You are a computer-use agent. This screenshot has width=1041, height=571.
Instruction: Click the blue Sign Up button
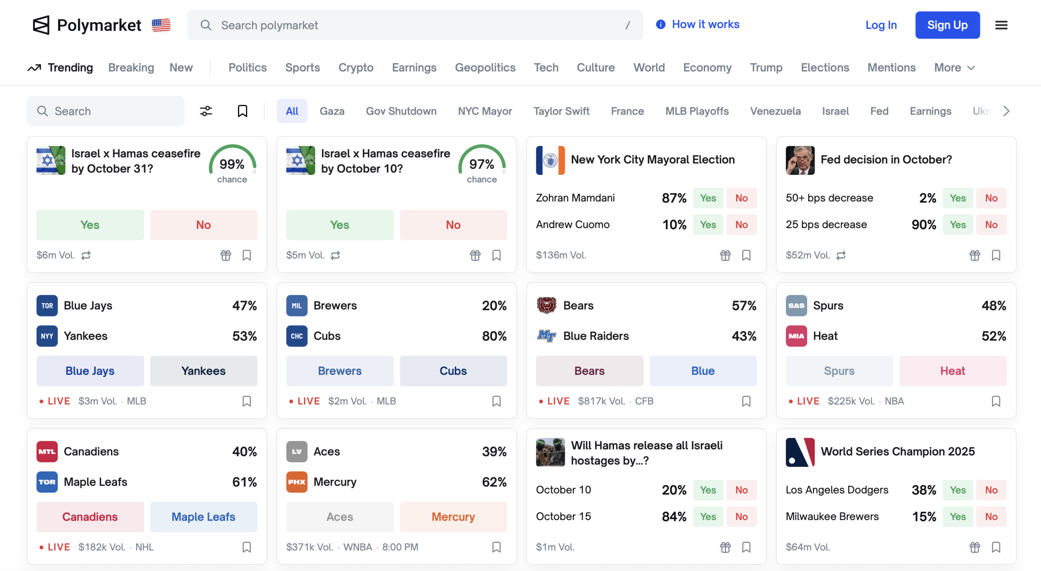[947, 25]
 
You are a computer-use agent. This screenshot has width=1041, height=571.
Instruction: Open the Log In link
[881, 25]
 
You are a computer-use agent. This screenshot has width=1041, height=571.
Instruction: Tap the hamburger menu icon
[1001, 25]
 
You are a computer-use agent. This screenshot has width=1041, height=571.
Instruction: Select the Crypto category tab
[356, 68]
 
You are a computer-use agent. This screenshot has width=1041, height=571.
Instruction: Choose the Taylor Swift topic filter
[561, 111]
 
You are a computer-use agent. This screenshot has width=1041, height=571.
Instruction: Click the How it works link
[705, 24]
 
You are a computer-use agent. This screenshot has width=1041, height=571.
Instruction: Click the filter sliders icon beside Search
[206, 111]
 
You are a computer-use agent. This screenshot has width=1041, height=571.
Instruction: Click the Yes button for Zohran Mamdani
[708, 198]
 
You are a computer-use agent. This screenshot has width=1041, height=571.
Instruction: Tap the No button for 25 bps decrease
[991, 224]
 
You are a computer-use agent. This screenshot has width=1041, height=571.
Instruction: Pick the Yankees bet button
[203, 371]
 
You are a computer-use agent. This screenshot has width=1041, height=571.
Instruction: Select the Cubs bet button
[453, 371]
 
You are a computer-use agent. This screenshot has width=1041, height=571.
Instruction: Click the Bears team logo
[547, 305]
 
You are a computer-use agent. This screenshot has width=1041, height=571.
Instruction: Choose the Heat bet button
[952, 371]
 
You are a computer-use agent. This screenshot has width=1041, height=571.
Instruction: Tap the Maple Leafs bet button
[203, 517]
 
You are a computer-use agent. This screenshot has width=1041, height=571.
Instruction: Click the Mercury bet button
[453, 517]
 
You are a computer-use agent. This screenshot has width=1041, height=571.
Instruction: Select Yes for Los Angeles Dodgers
[958, 490]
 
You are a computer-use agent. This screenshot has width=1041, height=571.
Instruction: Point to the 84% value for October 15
[674, 517]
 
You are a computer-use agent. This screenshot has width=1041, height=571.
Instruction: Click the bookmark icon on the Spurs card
[996, 401]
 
